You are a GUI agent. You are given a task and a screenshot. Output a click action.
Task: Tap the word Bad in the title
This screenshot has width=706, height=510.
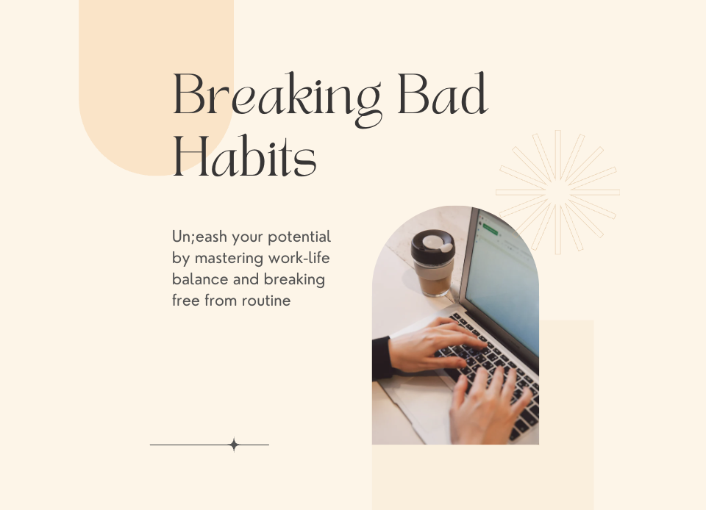[x=443, y=96]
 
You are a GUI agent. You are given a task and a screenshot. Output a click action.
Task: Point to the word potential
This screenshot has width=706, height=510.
[x=299, y=238]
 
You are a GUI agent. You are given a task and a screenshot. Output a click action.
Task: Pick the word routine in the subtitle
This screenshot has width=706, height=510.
[x=265, y=300]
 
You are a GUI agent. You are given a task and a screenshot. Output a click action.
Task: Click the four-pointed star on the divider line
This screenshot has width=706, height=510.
[x=234, y=445]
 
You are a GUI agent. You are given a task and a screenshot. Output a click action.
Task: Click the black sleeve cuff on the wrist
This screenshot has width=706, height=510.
[x=381, y=358]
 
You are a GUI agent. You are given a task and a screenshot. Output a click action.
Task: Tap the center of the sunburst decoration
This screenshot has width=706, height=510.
[x=558, y=193]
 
